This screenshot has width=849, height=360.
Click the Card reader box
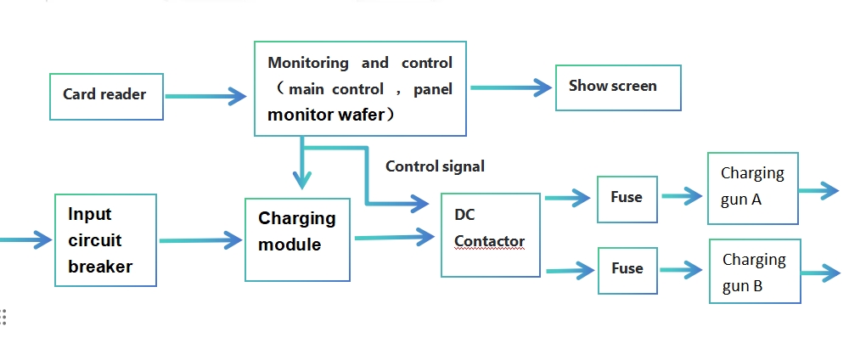[x=106, y=94]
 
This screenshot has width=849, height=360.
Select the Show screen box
[x=617, y=87]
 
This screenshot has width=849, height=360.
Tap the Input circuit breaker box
[x=105, y=240]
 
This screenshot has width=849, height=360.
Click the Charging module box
[x=297, y=239]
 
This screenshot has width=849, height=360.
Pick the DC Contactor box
[x=491, y=235]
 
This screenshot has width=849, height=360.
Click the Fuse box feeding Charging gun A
[x=627, y=197]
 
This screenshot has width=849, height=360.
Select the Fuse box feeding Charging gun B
[x=627, y=268]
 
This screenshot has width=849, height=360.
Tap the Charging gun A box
[x=753, y=188]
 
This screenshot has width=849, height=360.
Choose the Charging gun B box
[x=755, y=272]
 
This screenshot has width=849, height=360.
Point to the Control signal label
[x=435, y=166]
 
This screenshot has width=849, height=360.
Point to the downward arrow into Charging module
[x=302, y=166]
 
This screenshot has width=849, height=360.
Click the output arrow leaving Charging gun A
[x=818, y=190]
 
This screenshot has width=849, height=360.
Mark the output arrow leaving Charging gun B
[x=820, y=273]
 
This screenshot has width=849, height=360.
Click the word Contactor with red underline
[x=489, y=242]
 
